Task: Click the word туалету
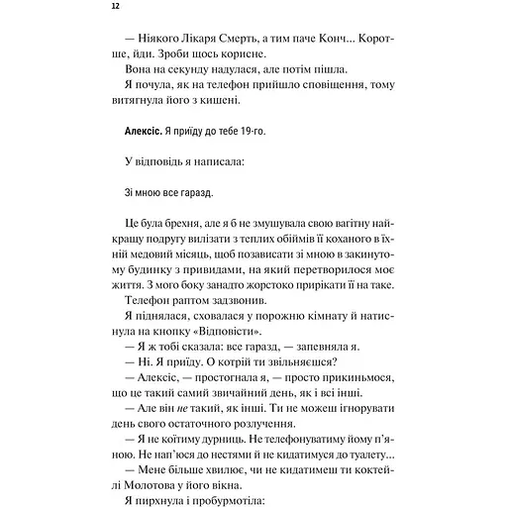point(370,445)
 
